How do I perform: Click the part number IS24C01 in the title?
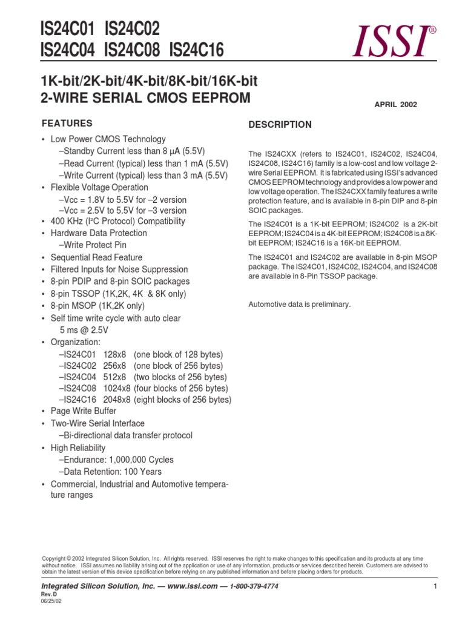(67, 28)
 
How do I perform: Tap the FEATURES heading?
(67, 124)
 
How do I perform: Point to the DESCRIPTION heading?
(280, 125)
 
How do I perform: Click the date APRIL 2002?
(396, 104)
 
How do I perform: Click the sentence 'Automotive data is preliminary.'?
(300, 304)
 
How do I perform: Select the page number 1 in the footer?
(435, 587)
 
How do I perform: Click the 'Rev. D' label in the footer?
(48, 595)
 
